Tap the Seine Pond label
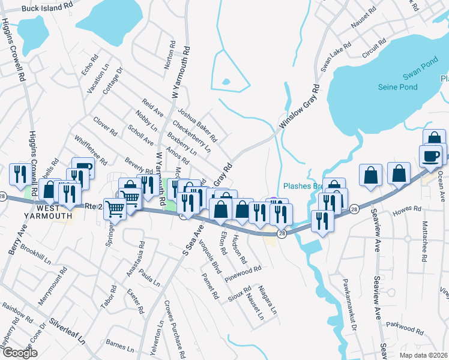coord(397,87)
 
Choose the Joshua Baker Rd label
coord(196,125)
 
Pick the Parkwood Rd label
coord(406,328)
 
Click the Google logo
coord(20,353)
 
